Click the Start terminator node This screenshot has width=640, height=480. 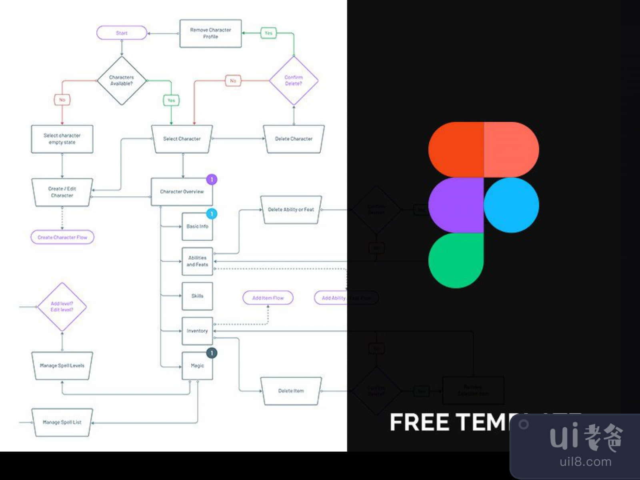[x=122, y=33]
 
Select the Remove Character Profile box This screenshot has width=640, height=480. [x=210, y=33]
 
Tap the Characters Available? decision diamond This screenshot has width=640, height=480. [x=122, y=80]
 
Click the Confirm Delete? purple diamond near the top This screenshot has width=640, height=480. [x=294, y=80]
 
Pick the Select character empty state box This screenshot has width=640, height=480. [x=62, y=139]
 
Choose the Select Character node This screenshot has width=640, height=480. [x=182, y=139]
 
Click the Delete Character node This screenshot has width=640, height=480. [x=294, y=139]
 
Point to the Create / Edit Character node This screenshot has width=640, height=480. [x=62, y=192]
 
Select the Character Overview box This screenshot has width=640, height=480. [x=182, y=192]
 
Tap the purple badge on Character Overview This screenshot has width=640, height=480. [x=212, y=180]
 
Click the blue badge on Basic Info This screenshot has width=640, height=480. [x=212, y=214]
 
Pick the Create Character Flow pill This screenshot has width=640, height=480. [x=62, y=237]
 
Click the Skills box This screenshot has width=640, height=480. [x=197, y=296]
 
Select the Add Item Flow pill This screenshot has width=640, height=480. [x=268, y=298]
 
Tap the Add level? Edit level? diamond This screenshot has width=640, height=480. [x=62, y=307]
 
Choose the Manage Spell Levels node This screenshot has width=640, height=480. [x=62, y=366]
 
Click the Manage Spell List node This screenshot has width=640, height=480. [x=62, y=422]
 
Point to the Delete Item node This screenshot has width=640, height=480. [x=291, y=391]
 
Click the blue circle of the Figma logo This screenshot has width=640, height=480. [x=511, y=205]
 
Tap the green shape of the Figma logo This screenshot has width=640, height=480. [x=456, y=260]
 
